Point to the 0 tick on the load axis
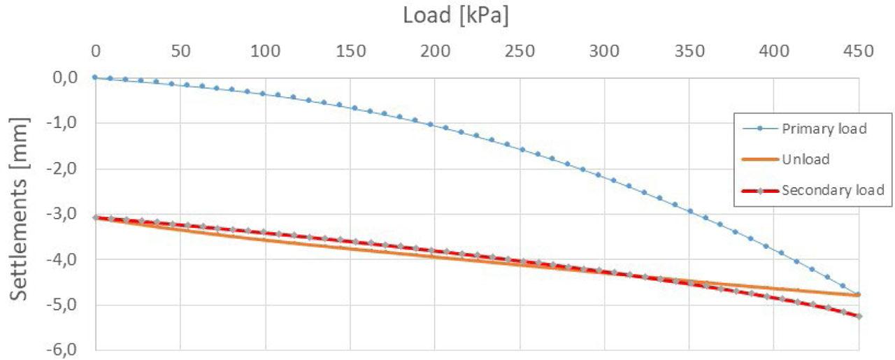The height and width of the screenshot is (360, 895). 96,51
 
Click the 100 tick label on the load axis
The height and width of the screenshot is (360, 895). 266,51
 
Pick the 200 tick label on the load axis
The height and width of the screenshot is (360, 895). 435,51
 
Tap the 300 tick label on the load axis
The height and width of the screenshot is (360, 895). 605,51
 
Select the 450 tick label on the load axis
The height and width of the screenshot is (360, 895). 859,51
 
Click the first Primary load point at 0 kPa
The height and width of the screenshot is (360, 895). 96,78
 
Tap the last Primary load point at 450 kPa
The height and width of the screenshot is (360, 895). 859,294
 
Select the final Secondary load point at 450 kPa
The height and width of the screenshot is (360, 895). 859,316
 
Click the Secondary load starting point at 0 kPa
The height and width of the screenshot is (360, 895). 96,217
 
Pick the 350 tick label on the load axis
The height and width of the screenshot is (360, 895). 689,51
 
